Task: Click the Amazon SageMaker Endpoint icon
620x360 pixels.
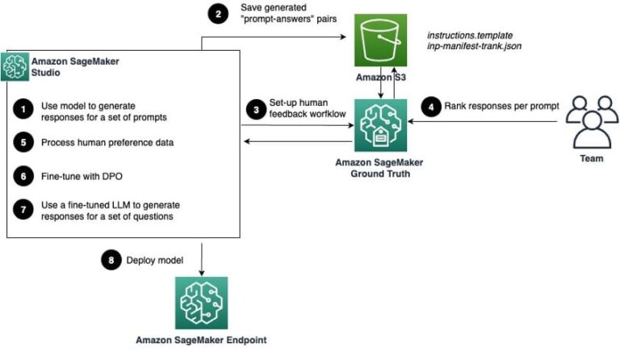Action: click(x=201, y=303)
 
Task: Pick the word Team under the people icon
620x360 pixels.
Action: click(x=591, y=159)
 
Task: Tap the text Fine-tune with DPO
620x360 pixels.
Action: click(x=77, y=174)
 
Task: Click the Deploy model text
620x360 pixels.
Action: click(x=154, y=261)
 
